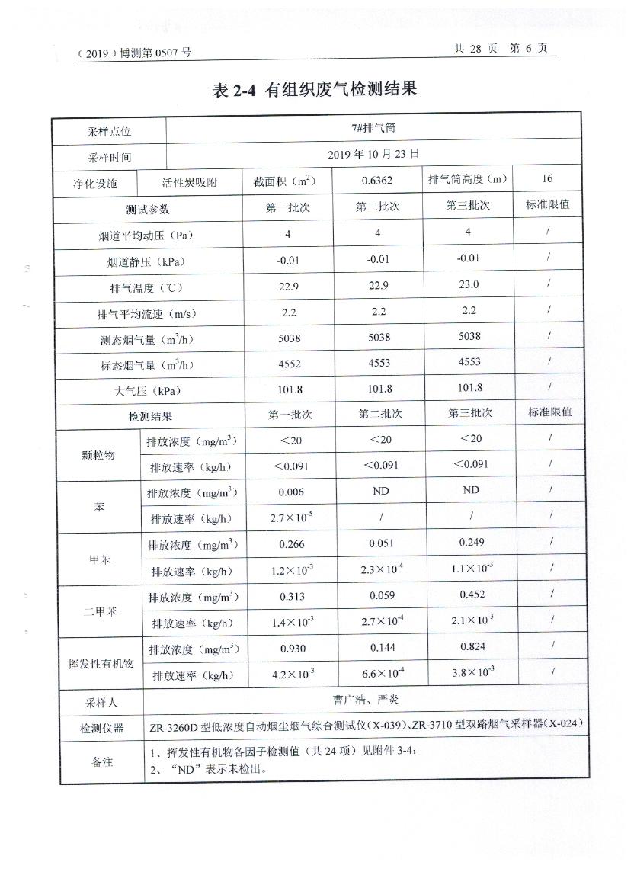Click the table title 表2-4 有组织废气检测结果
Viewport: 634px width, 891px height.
tap(315, 90)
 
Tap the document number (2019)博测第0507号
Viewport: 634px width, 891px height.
tap(134, 53)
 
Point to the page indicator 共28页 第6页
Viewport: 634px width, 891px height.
tap(500, 48)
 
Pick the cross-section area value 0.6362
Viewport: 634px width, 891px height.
tap(378, 181)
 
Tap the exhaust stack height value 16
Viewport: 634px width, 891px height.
tap(547, 179)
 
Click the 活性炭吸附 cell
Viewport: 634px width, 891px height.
tap(190, 183)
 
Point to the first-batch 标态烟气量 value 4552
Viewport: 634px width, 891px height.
tap(289, 364)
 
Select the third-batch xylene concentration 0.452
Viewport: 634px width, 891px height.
tap(471, 595)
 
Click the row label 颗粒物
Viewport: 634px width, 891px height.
tap(98, 455)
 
